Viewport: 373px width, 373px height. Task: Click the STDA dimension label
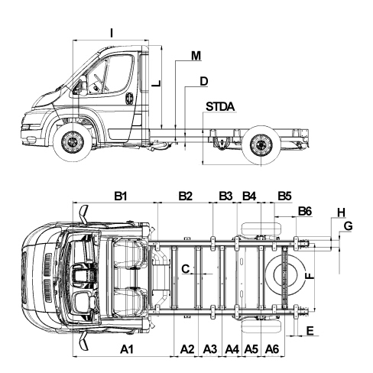point(220,106)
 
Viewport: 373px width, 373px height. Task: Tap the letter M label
point(196,56)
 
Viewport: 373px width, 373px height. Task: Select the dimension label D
point(203,81)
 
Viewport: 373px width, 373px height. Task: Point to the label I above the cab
point(112,33)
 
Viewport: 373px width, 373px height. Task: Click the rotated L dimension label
point(156,83)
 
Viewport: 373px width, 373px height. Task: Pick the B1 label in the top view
point(120,196)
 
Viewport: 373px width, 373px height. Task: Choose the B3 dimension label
point(225,196)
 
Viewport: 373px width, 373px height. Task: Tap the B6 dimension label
point(305,211)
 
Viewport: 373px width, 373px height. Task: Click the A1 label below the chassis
point(127,349)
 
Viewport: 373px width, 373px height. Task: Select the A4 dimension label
point(232,349)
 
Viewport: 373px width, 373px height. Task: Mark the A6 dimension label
point(272,349)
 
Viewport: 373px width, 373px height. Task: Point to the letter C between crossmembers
point(186,269)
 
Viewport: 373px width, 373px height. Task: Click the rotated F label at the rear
point(310,276)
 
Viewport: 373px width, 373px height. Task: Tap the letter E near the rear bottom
point(310,331)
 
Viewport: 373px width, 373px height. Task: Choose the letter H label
point(342,212)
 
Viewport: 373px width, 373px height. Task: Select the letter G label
point(348,226)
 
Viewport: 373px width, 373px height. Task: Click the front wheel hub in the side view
point(73,142)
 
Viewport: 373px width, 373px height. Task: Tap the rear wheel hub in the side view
point(261,145)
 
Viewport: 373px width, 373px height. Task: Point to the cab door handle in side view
point(129,99)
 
